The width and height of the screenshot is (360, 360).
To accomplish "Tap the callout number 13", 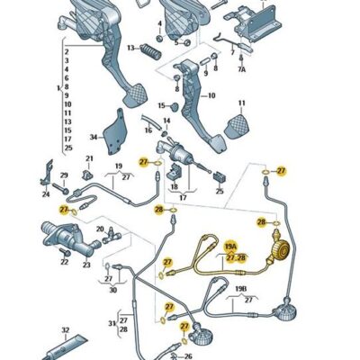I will tap(129, 48).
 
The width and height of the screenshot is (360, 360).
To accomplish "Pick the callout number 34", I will tap(93, 137).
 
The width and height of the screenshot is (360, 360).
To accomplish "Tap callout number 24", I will tap(45, 193).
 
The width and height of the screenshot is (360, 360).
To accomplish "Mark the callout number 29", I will tap(64, 175).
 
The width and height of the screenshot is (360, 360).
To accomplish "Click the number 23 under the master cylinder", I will tap(87, 265).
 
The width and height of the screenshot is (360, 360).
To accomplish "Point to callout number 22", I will tap(64, 263).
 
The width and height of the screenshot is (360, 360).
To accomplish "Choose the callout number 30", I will tap(112, 291).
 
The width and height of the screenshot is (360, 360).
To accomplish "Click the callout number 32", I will tap(65, 330).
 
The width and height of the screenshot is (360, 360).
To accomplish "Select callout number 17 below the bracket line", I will tap(182, 197).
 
